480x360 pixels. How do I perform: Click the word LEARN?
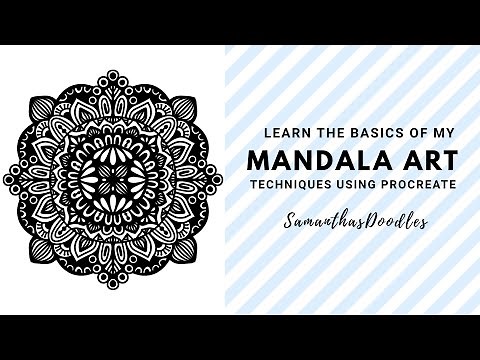click(x=282, y=131)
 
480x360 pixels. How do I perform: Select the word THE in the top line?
click(x=315, y=131)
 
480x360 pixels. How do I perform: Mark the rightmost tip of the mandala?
click(x=223, y=179)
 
